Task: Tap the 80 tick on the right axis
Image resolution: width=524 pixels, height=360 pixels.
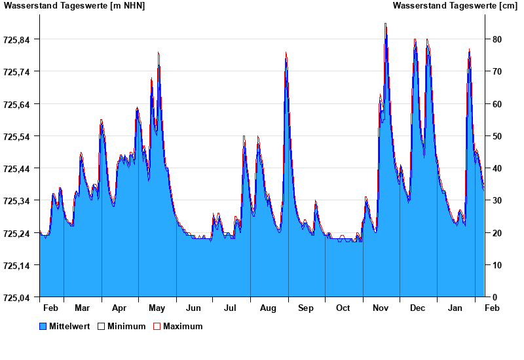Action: (497, 40)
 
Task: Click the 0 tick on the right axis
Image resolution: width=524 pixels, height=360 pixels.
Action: (495, 298)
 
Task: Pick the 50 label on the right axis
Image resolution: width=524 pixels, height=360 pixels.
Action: (497, 137)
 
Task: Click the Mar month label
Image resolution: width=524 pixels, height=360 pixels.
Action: (83, 308)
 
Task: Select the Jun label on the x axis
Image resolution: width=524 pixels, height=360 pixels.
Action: (193, 308)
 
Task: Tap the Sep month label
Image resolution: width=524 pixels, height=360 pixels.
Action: (306, 308)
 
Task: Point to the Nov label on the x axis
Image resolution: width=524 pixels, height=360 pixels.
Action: (381, 308)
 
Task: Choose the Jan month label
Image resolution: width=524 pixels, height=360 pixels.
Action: (455, 308)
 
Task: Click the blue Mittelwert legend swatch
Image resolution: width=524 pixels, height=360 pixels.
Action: (43, 327)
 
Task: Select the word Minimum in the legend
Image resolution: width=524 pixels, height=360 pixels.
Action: (126, 327)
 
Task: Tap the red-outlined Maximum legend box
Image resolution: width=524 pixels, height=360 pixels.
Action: (157, 327)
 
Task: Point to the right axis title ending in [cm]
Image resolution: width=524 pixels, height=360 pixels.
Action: (455, 6)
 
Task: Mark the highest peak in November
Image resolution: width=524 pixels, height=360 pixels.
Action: (385, 24)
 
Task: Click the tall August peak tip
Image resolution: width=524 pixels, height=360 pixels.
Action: (286, 52)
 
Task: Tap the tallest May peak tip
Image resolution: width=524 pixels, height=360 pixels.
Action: (159, 52)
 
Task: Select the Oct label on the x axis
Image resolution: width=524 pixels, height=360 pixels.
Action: (343, 308)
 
